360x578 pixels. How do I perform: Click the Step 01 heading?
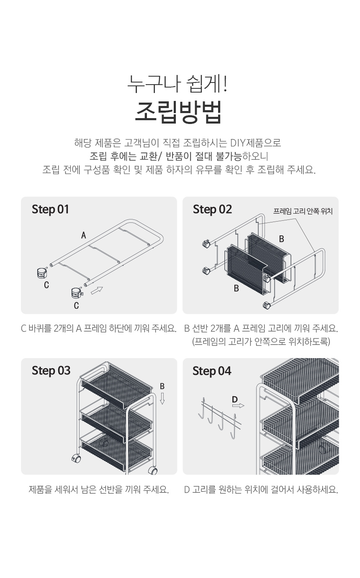pyautogui.click(x=50, y=209)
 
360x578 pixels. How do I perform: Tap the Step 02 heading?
pyautogui.click(x=212, y=209)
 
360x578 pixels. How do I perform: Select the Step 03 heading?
pyautogui.click(x=51, y=371)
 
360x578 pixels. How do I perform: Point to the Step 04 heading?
pyautogui.click(x=212, y=372)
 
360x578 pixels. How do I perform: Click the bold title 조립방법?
pyautogui.click(x=178, y=113)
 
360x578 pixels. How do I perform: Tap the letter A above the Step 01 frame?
pyautogui.click(x=84, y=235)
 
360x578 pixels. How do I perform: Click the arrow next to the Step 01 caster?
pyautogui.click(x=97, y=290)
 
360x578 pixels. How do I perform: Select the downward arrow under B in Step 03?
pyautogui.click(x=162, y=399)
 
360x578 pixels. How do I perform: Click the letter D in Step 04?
pyautogui.click(x=235, y=400)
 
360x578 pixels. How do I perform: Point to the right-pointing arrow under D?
pyautogui.click(x=238, y=406)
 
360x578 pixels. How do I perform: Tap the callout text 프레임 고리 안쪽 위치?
pyautogui.click(x=303, y=212)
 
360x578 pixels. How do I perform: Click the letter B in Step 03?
pyautogui.click(x=162, y=386)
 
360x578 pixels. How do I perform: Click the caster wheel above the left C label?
pyautogui.click(x=41, y=273)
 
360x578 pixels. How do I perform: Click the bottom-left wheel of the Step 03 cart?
pyautogui.click(x=76, y=459)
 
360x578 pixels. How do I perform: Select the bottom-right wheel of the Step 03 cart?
pyautogui.click(x=153, y=471)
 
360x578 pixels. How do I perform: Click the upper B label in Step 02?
pyautogui.click(x=282, y=239)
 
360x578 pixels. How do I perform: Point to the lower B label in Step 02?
pyautogui.click(x=236, y=289)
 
